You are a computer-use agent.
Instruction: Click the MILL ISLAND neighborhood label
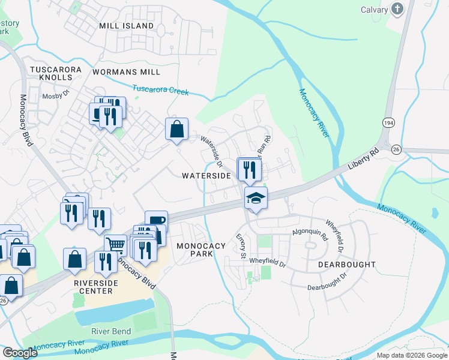point(126,26)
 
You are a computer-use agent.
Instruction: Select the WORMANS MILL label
point(126,72)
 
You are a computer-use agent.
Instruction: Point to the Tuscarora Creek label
point(160,90)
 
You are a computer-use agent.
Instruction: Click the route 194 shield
point(387,122)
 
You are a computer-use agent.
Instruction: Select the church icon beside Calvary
point(397,9)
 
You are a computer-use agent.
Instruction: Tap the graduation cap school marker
point(256,197)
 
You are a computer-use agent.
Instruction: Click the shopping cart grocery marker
point(115,244)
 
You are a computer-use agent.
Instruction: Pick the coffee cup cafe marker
point(156,221)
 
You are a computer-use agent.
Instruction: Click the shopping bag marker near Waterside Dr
point(176,129)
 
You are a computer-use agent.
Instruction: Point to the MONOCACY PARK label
point(201,250)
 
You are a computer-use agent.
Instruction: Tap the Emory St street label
point(242,247)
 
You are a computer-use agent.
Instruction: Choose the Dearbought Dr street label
point(327,282)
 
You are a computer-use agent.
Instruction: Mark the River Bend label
point(111,332)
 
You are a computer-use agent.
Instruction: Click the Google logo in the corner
point(20,353)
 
